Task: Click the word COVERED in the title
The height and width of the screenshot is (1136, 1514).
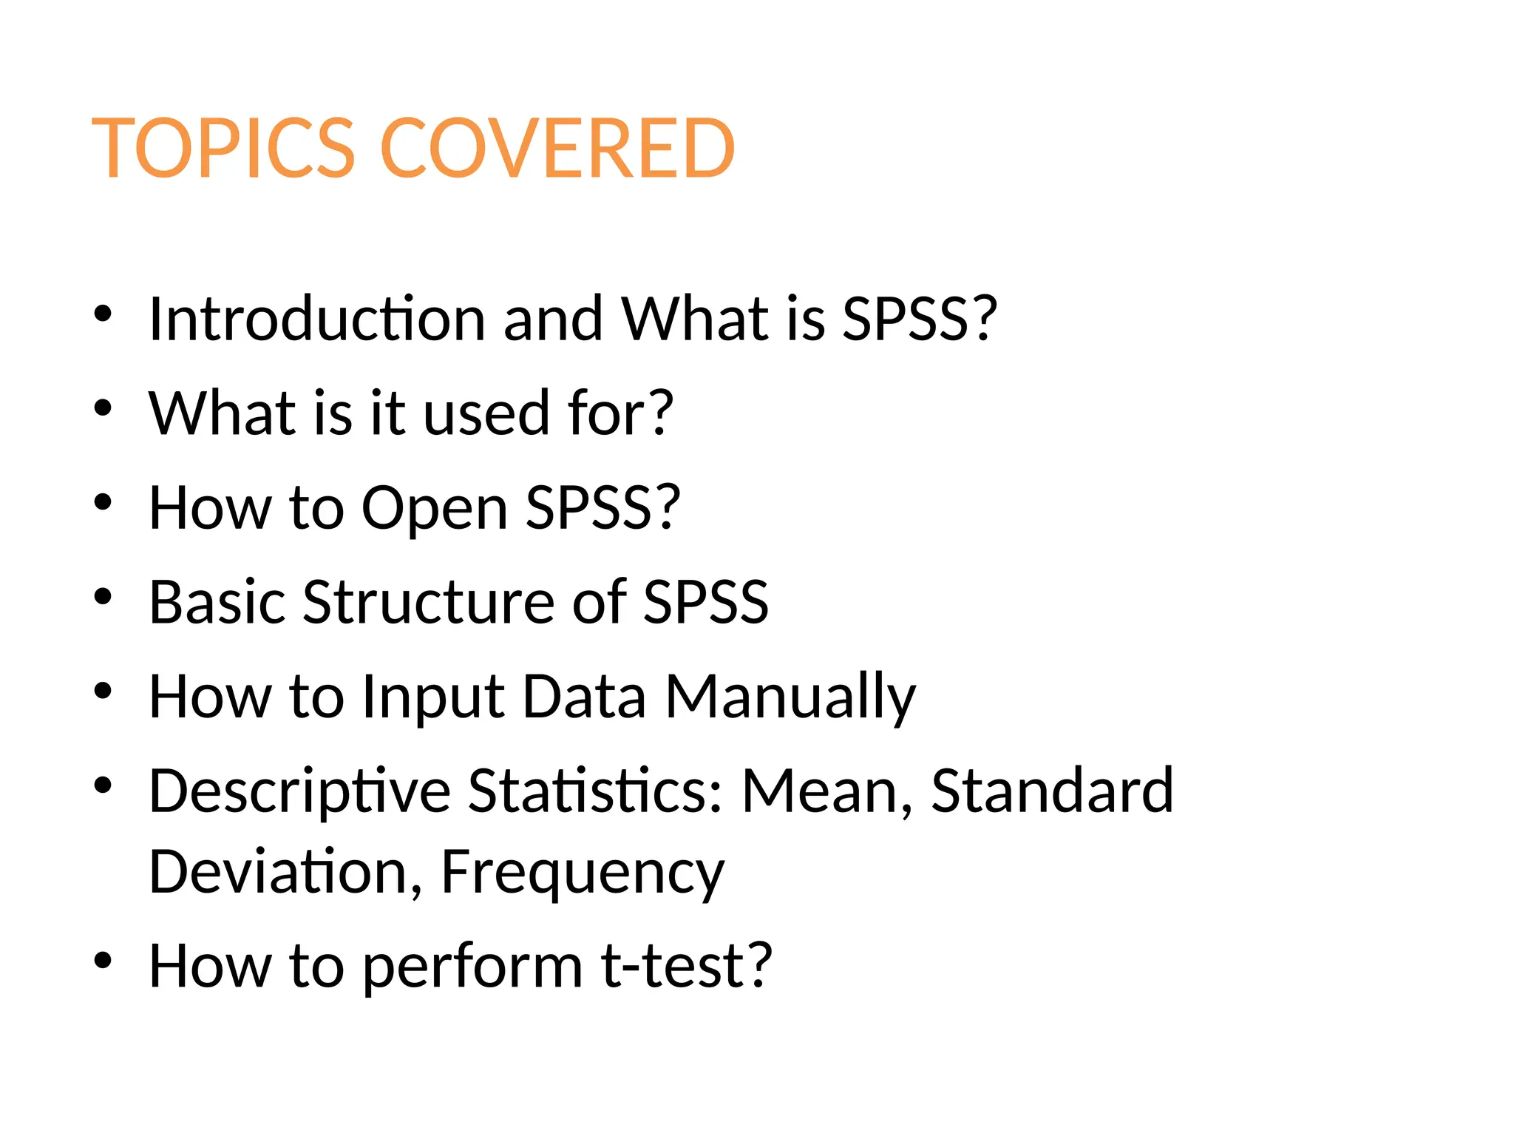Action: tap(557, 149)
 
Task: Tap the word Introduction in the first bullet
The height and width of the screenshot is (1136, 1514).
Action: tap(316, 319)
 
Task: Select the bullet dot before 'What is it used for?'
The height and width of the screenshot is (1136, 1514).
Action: tap(103, 408)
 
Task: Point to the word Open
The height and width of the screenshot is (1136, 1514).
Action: tap(434, 509)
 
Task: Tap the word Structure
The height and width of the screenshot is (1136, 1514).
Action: tap(428, 602)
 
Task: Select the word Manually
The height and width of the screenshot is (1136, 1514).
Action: tap(790, 697)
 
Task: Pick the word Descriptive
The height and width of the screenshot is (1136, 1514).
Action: tap(299, 792)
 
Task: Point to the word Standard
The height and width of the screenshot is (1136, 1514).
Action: tap(1052, 791)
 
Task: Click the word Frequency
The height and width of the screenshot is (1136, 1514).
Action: tap(583, 873)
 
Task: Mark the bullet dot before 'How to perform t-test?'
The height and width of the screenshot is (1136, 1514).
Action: tap(103, 961)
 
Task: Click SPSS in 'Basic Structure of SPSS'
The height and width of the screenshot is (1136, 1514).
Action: tap(706, 602)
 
